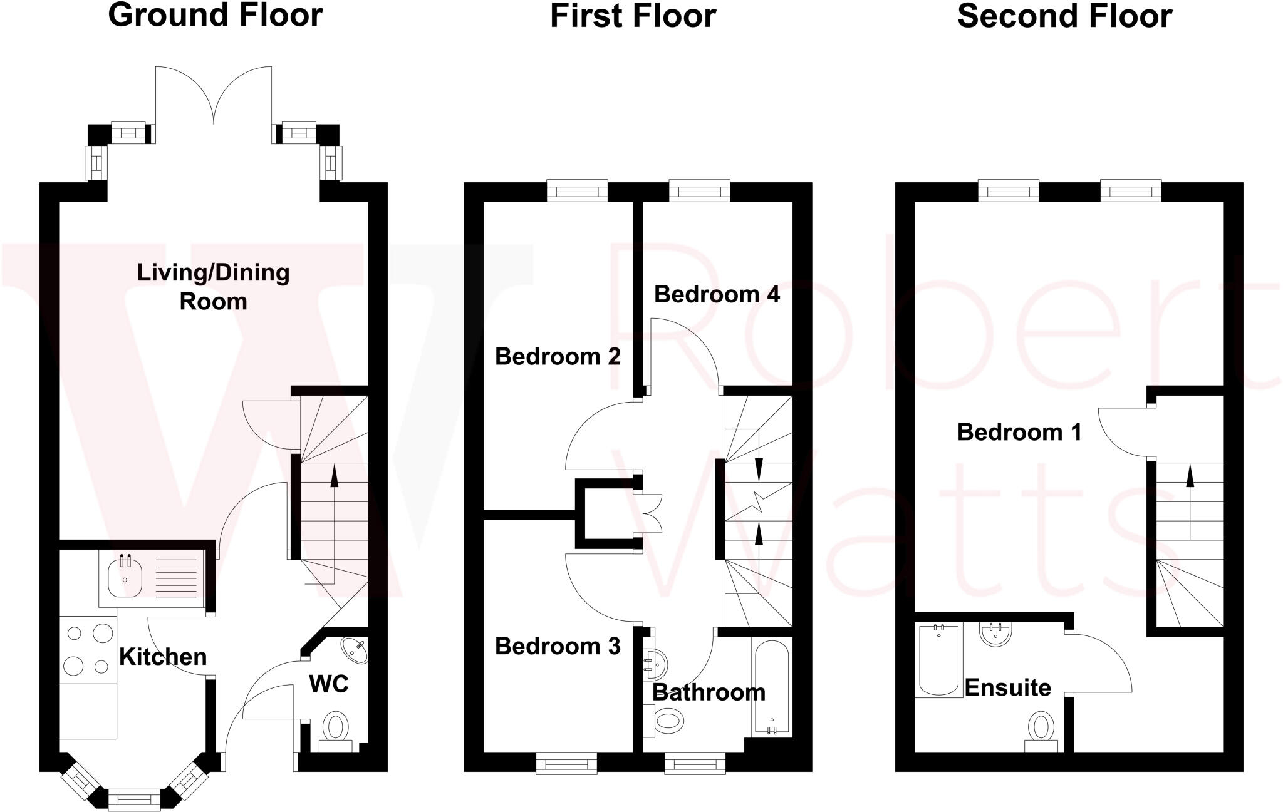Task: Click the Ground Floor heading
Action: coord(215,15)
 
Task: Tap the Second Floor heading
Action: coord(1064,15)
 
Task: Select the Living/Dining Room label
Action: coord(213,287)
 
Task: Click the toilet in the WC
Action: coord(336,728)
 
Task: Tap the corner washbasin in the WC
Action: coord(355,650)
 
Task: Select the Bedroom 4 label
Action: coord(717,294)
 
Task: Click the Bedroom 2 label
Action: coord(558,357)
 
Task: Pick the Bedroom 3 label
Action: coord(558,646)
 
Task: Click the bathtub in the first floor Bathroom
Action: coord(772,687)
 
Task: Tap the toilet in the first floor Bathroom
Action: coord(666,721)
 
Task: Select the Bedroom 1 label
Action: coord(1019,432)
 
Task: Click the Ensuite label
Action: coord(1007,687)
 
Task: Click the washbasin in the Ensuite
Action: coord(995,634)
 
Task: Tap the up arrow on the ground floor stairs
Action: coord(334,477)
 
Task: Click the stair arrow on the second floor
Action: coord(1189,477)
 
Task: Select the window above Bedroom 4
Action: coord(699,190)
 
